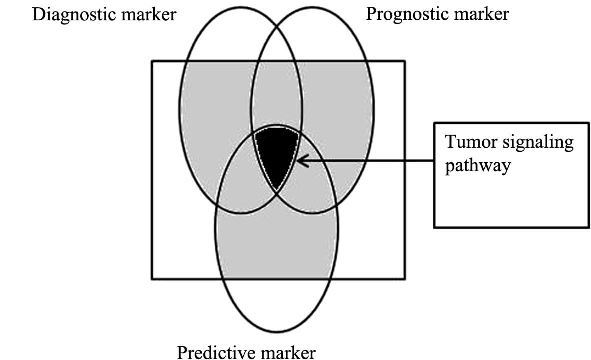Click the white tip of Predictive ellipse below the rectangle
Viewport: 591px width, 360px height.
(277, 305)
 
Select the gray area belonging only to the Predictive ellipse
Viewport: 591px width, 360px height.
(277, 240)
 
